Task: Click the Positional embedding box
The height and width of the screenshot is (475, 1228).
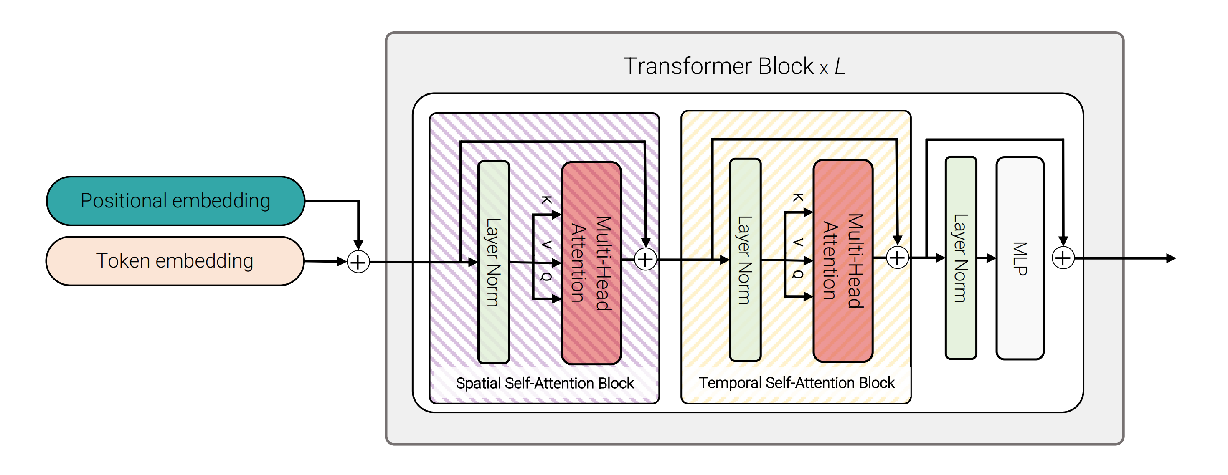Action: coord(175,201)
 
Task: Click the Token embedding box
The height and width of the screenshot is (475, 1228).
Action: coord(175,261)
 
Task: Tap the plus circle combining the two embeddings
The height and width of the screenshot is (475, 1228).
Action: coord(358,262)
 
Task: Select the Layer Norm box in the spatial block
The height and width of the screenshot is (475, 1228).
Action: coord(493,262)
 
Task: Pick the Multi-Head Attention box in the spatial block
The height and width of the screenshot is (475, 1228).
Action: coord(591,263)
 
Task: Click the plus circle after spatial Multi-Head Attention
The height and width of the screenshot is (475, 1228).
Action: coord(645,260)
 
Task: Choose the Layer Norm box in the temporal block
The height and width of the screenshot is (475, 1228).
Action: coord(745,260)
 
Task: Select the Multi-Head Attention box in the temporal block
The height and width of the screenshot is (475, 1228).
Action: coord(843,260)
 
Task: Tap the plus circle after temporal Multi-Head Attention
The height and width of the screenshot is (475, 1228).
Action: coord(897,258)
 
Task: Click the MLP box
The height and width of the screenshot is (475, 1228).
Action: coord(1020,258)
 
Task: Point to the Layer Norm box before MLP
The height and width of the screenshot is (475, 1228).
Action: coord(961,258)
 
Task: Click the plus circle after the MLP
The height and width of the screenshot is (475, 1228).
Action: coord(1063,258)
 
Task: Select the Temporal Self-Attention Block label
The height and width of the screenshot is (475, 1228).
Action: coord(796,383)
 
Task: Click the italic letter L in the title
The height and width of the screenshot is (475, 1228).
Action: coord(840,66)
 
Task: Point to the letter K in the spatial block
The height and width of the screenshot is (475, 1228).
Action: coord(547,200)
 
